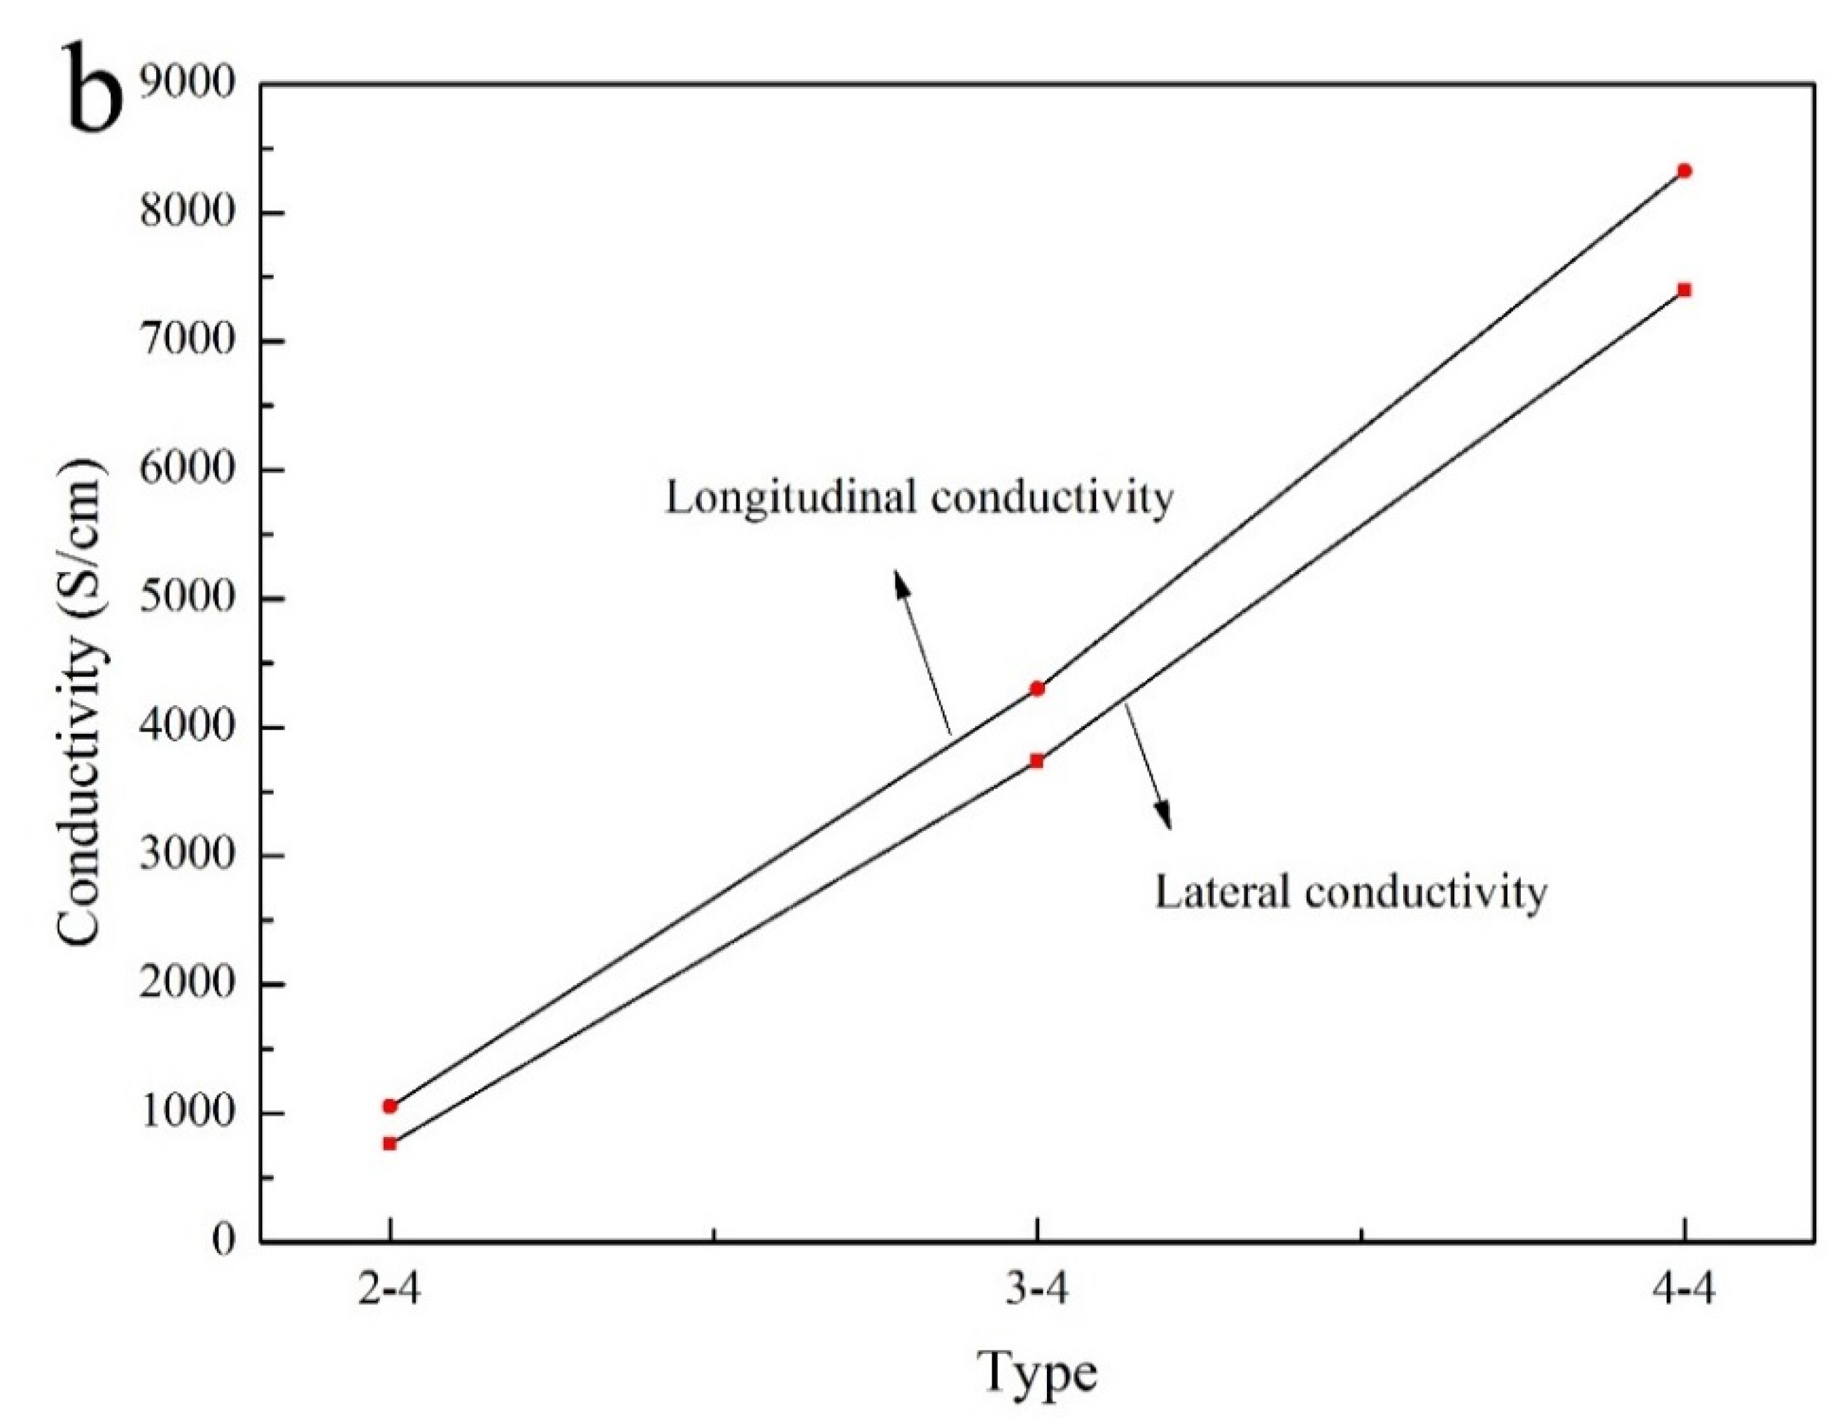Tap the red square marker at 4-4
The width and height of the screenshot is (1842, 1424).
coord(1685,291)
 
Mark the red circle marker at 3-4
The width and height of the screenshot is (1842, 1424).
coord(1037,688)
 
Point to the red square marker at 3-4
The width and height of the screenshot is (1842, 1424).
coord(1036,761)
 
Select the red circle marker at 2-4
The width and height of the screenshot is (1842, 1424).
coord(390,1106)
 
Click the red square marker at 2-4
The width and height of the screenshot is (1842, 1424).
coord(390,1144)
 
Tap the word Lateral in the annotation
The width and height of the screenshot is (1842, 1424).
coord(1221,892)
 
